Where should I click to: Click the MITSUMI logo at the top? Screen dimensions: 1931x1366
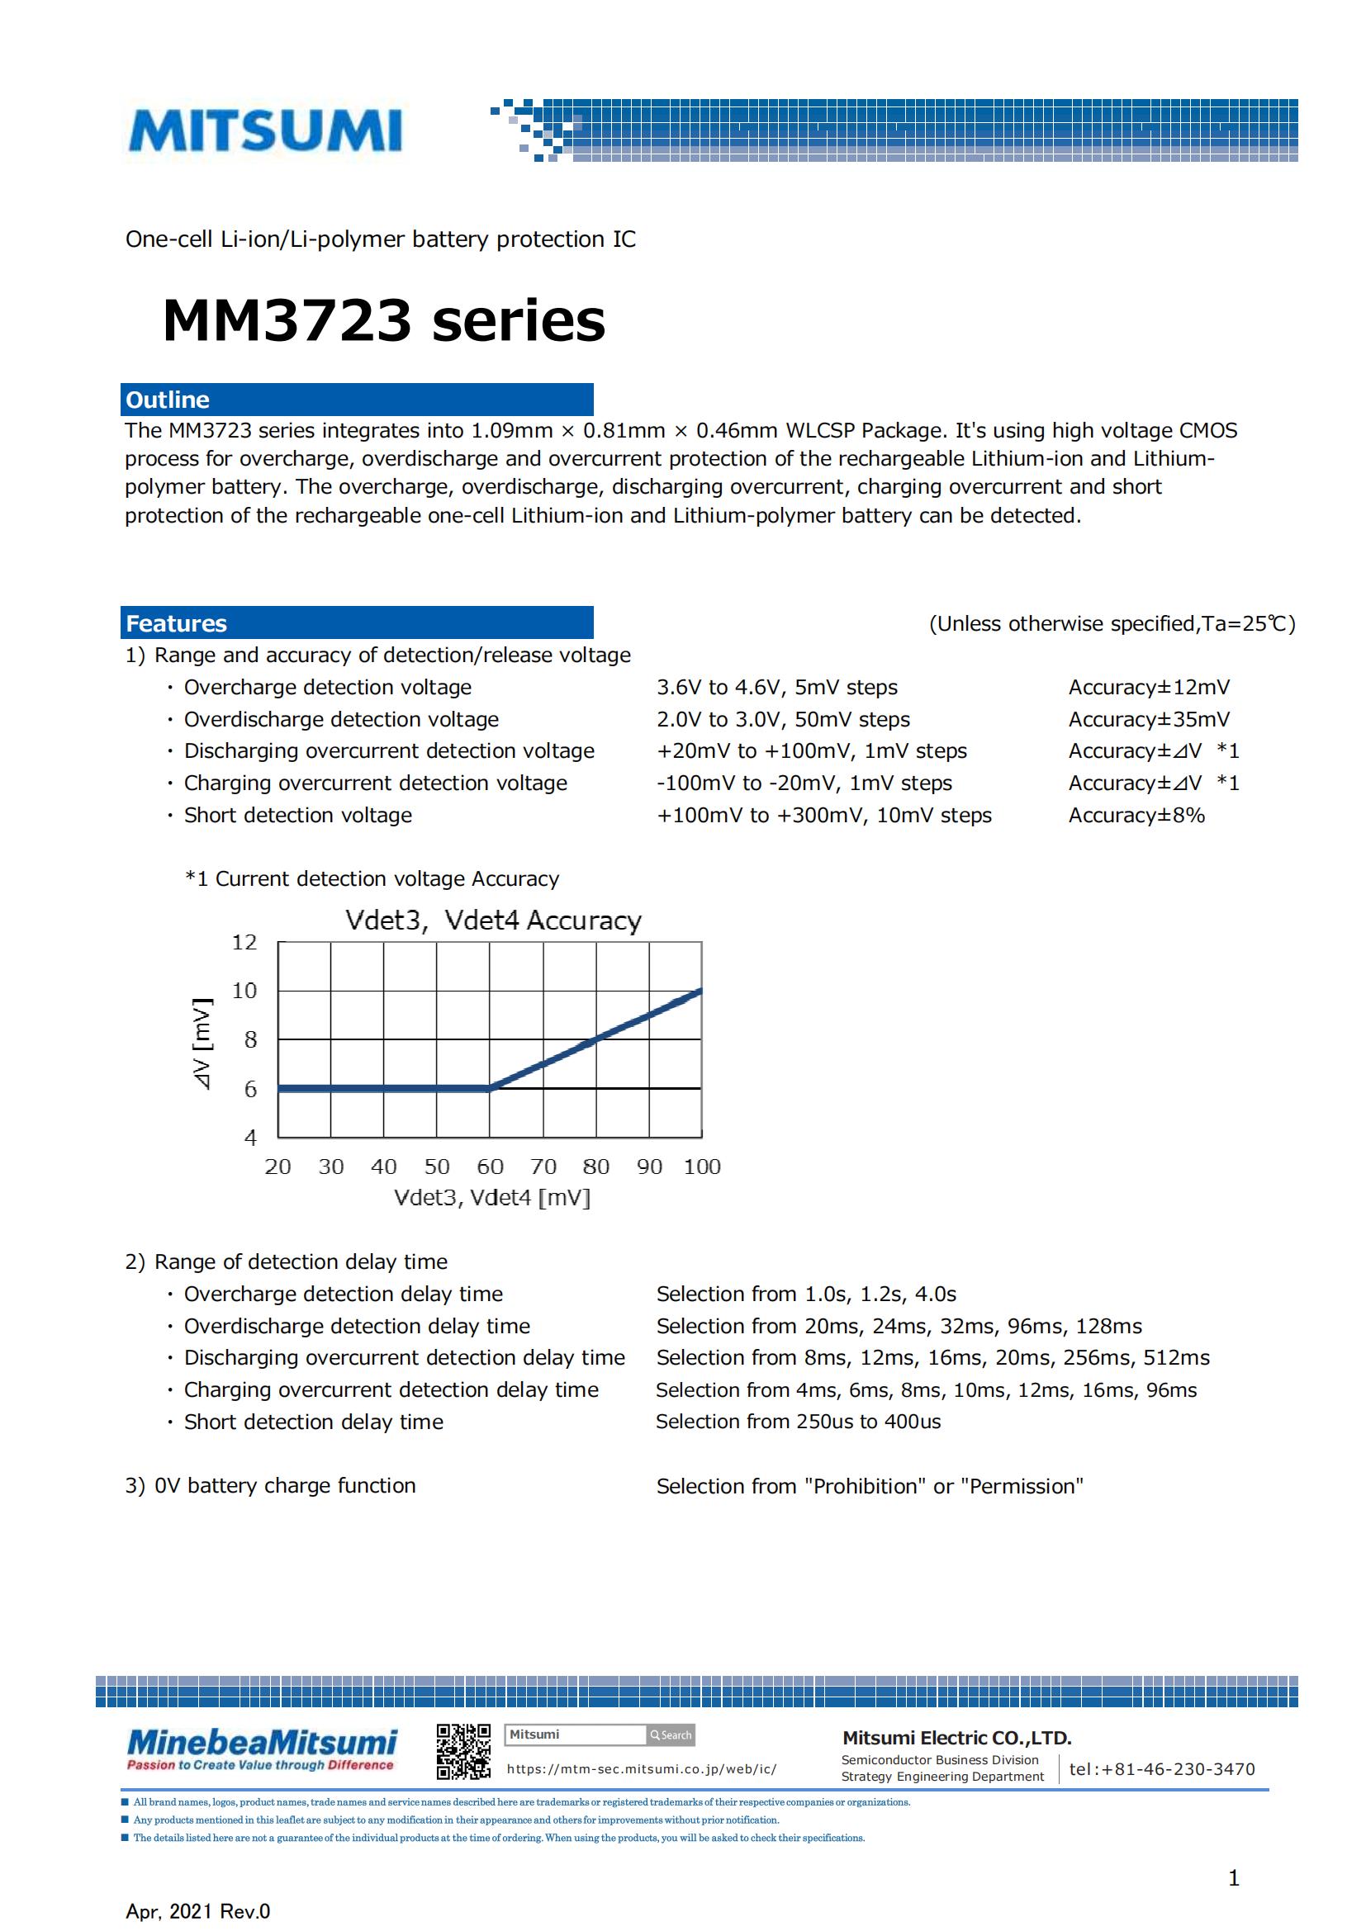[x=265, y=131]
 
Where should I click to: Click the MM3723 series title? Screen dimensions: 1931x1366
[x=383, y=320]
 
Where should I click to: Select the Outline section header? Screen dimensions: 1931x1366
[x=357, y=400]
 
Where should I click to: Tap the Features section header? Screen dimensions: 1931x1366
[x=357, y=623]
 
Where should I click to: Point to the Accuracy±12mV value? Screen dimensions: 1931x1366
[x=1148, y=687]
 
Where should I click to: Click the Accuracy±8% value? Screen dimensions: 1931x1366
[x=1136, y=815]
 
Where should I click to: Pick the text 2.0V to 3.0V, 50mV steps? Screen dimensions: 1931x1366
[x=783, y=719]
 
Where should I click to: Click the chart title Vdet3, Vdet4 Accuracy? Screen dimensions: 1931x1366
[x=493, y=920]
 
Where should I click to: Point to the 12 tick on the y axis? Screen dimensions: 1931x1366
[x=244, y=942]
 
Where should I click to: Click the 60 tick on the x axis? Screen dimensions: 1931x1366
[x=490, y=1167]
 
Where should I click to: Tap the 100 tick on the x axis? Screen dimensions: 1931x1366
[x=701, y=1167]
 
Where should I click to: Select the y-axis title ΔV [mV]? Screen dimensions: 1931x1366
[x=202, y=1044]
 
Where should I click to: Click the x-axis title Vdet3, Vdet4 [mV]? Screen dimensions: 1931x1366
[x=492, y=1198]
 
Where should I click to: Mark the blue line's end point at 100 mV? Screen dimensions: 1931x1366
[x=700, y=992]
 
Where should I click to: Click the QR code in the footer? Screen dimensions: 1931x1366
[x=463, y=1752]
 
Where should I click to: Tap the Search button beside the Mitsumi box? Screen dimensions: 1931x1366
[x=671, y=1735]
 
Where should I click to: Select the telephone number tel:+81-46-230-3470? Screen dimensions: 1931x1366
[x=1162, y=1768]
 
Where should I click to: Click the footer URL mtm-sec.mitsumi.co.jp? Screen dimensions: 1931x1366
[x=641, y=1769]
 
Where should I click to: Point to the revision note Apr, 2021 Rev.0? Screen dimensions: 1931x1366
[x=197, y=1912]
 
